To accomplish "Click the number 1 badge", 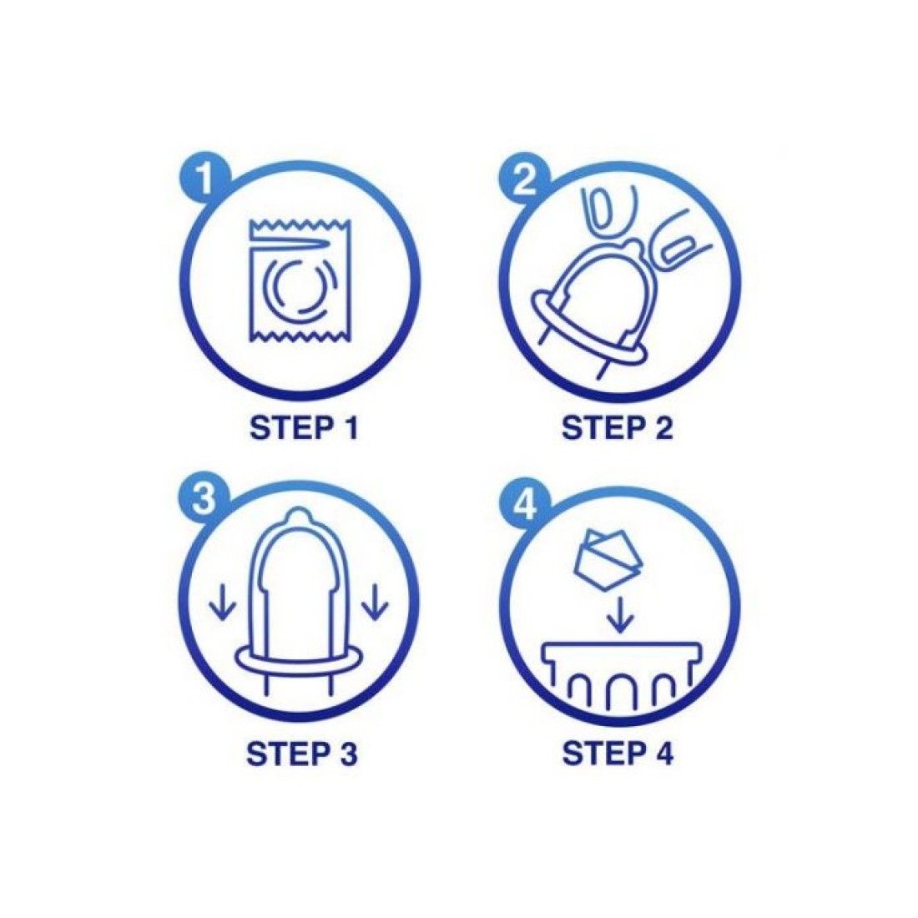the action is [203, 179].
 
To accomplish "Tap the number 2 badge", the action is [525, 179].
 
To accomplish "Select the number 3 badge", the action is [203, 502].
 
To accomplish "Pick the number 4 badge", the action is [525, 503].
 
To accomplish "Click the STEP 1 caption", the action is [303, 428].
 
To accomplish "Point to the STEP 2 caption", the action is [617, 428].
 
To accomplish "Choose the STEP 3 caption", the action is [301, 754].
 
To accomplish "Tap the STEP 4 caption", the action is [618, 754].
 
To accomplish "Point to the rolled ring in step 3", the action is [299, 662].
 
